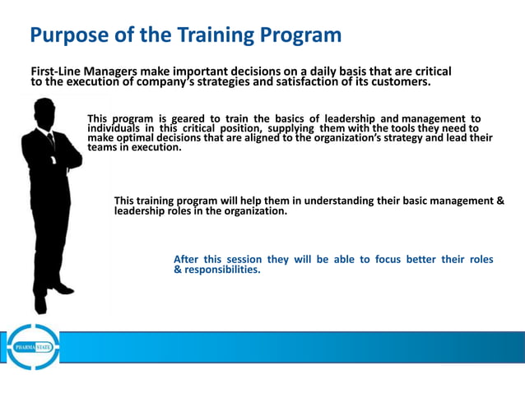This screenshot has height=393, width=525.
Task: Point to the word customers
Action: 398,82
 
